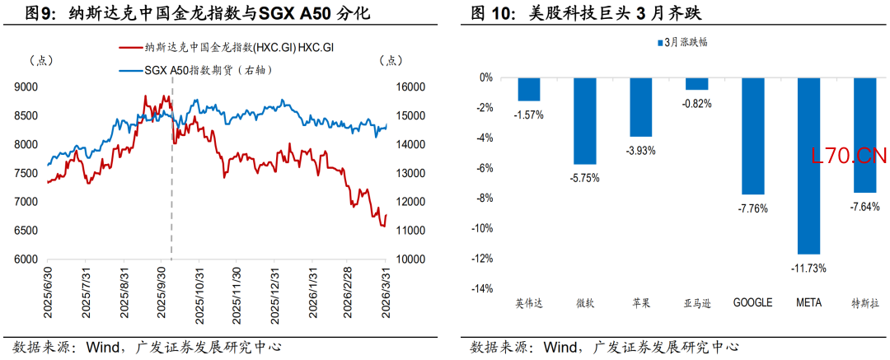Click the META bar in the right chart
point(809,166)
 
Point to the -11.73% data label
point(809,268)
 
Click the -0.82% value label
point(697,103)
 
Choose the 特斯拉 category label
point(864,303)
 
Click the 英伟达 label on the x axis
point(529,303)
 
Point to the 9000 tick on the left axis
point(27,86)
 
